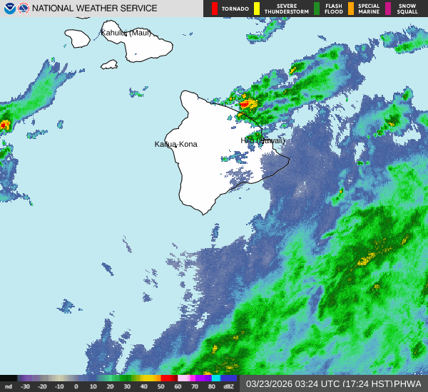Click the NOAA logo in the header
[9, 9]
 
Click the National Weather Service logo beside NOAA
[23, 9]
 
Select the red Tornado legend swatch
[215, 9]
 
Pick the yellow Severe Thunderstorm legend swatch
[257, 9]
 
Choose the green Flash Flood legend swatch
[317, 9]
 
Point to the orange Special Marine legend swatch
[351, 9]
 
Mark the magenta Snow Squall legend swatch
[388, 9]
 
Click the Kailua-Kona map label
[176, 144]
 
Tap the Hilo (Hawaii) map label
[263, 140]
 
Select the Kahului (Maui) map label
[128, 33]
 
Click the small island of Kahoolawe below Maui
[109, 64]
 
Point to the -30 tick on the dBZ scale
[26, 386]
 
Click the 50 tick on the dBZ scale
[161, 386]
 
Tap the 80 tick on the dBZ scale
[212, 386]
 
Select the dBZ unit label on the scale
[228, 386]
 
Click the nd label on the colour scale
[9, 386]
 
